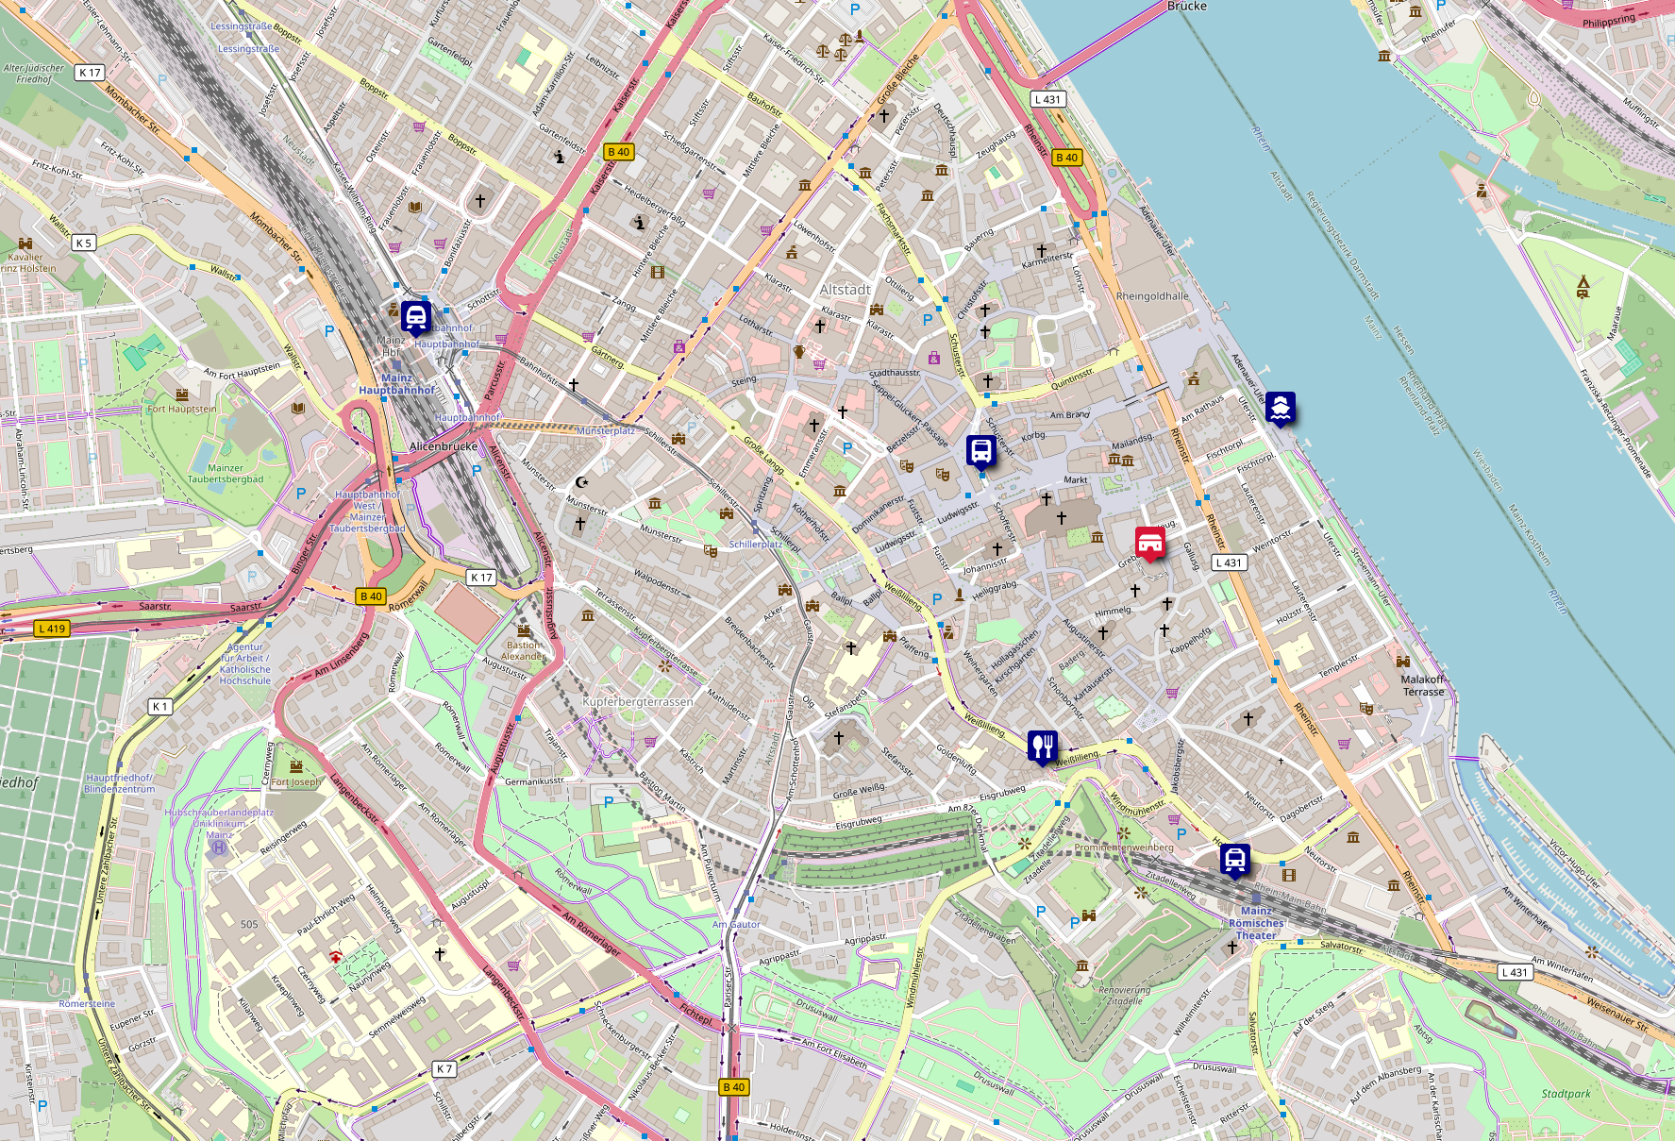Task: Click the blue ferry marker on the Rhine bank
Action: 1280,408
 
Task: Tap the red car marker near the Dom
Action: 1149,543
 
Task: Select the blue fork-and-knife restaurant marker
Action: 1042,747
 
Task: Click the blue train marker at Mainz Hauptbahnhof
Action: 416,317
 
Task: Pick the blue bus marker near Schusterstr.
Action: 980,451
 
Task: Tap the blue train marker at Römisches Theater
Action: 1234,860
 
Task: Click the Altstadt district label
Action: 845,290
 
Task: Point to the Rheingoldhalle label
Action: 1152,296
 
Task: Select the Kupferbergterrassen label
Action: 638,702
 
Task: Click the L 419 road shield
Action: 53,629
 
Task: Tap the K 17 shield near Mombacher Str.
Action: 90,73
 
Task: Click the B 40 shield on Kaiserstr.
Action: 618,152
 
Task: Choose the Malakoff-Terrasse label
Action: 1423,685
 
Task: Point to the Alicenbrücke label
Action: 444,446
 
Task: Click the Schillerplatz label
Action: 755,545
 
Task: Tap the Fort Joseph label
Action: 295,782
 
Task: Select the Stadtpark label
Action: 1566,1094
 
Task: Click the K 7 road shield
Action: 444,1069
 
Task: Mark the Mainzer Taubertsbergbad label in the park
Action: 226,474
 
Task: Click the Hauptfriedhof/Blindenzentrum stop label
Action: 119,783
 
